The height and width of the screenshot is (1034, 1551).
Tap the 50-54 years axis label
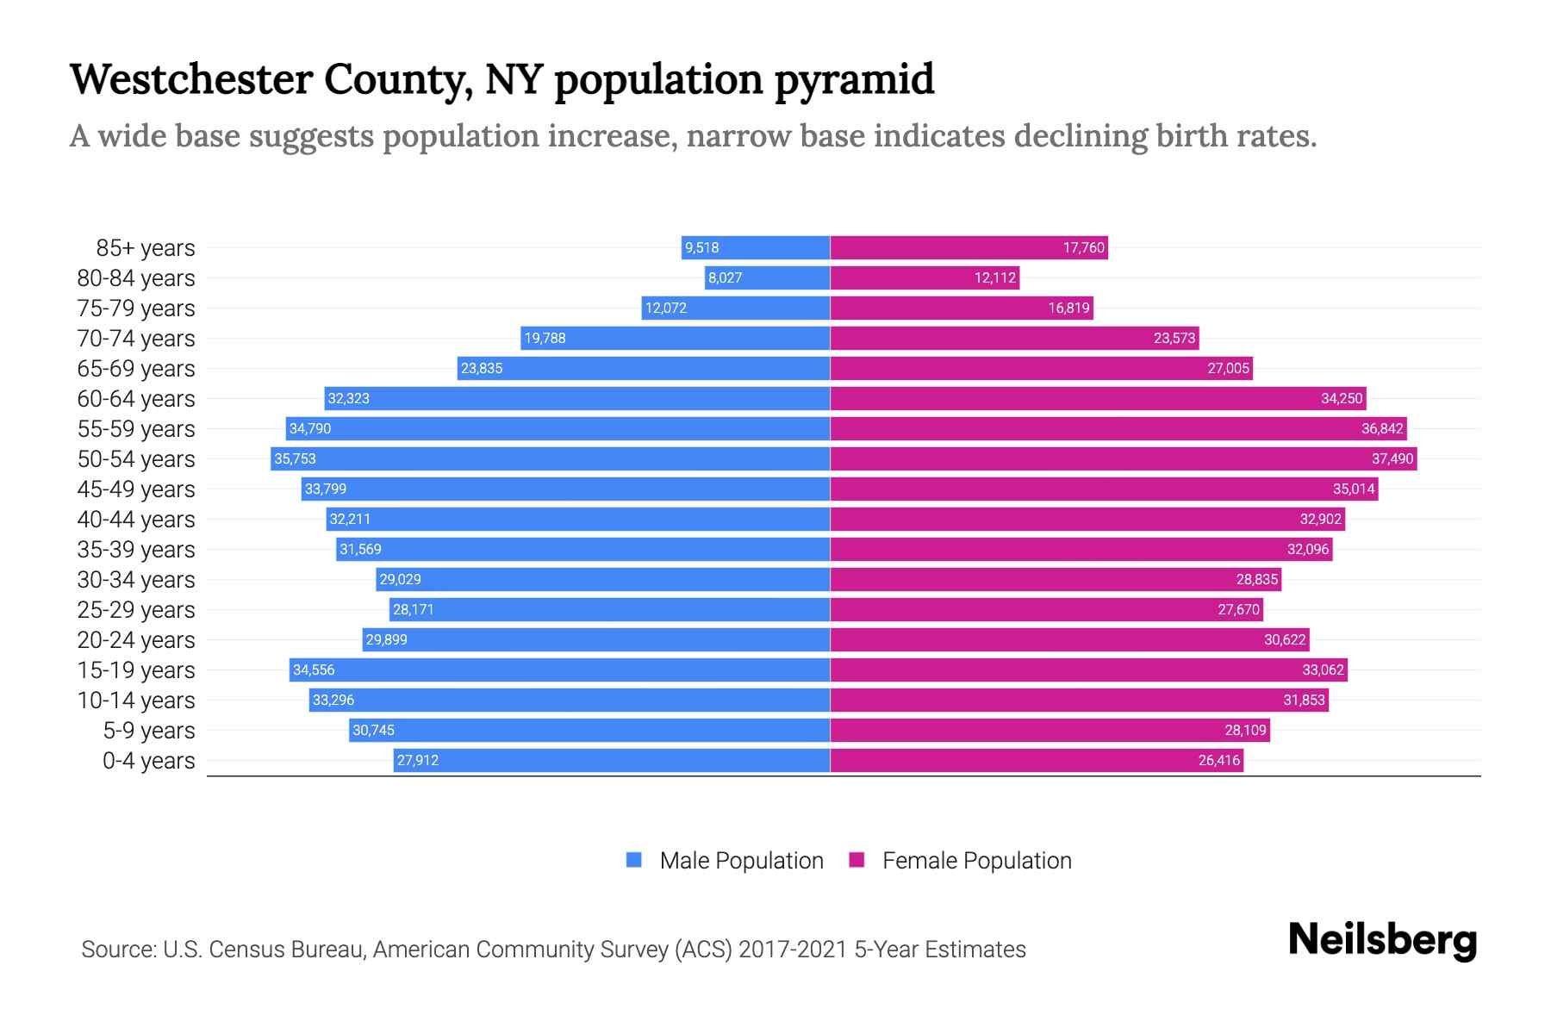click(x=136, y=459)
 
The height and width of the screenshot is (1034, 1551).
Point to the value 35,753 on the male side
click(x=295, y=459)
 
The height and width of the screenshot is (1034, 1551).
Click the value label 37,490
click(x=1392, y=459)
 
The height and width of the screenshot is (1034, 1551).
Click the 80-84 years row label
click(x=136, y=278)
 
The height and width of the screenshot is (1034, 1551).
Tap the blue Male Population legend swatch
click(x=634, y=860)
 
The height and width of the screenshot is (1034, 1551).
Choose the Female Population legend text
click(x=976, y=861)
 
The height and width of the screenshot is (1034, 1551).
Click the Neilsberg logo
click(x=1382, y=940)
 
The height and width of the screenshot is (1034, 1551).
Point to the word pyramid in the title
click(x=853, y=80)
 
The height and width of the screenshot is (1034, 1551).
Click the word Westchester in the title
click(x=191, y=79)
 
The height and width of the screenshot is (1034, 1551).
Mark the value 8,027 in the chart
click(x=725, y=278)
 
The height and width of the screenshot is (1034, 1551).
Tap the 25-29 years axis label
click(x=136, y=610)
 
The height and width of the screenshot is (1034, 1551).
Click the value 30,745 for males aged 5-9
click(x=373, y=731)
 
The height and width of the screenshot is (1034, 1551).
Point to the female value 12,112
click(x=995, y=278)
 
